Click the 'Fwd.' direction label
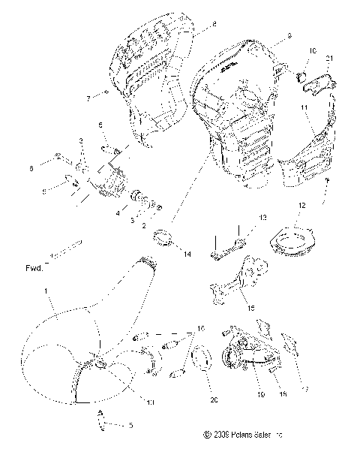[x=34, y=267]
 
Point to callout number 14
[x=187, y=255]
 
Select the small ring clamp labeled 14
[x=165, y=242]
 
